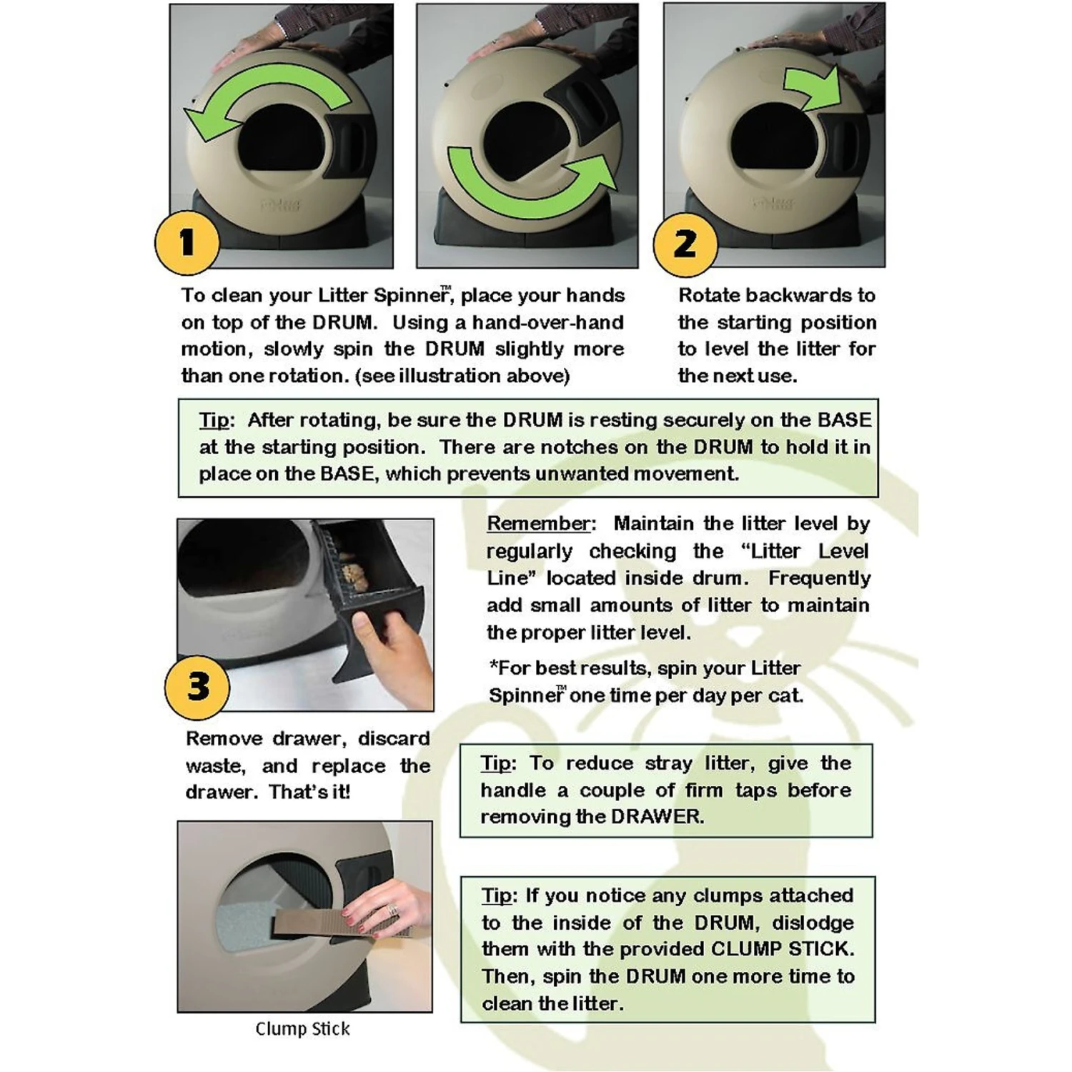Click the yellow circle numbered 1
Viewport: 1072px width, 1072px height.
pos(187,243)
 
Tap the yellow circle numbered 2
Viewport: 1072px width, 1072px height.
pos(685,244)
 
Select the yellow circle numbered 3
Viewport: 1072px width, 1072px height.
pos(198,687)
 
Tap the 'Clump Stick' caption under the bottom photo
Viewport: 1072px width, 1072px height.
pos(302,1029)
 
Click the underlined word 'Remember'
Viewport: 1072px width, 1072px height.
pos(539,524)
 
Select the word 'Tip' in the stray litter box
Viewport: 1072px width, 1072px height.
pos(496,763)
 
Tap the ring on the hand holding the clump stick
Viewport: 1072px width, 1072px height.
pos(392,910)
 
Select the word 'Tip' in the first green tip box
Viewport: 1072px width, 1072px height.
pos(214,420)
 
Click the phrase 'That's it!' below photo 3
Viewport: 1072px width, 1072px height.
pos(309,793)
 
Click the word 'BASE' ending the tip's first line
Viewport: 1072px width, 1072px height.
pos(845,420)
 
